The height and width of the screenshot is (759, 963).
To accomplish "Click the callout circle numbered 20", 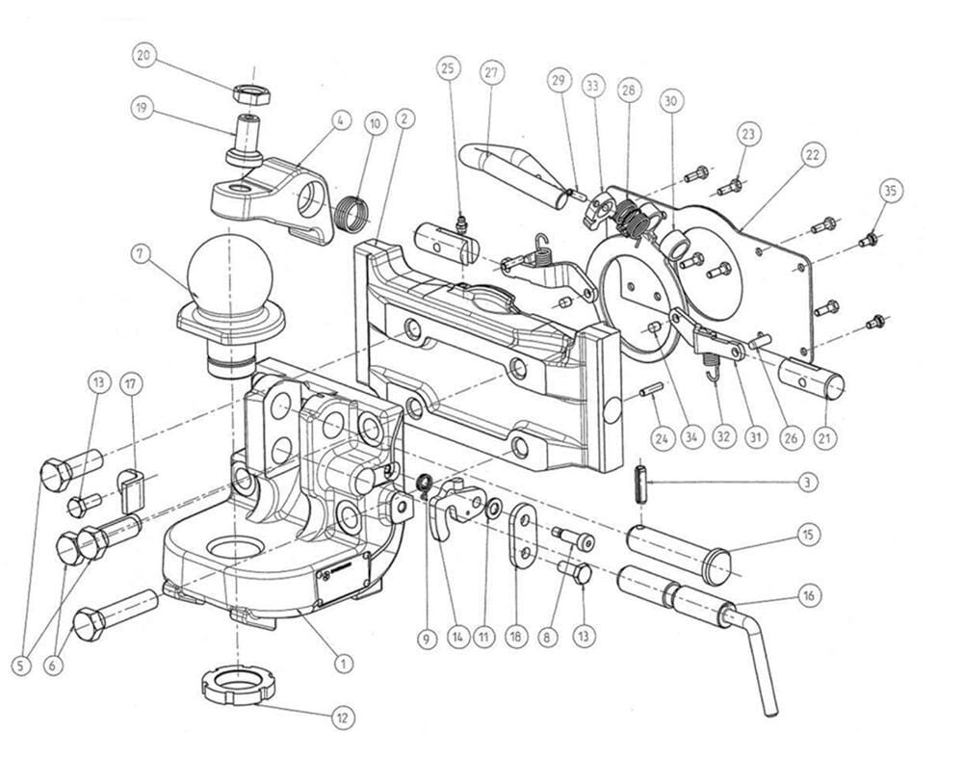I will (144, 56).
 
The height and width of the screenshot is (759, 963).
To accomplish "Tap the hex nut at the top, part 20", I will (251, 94).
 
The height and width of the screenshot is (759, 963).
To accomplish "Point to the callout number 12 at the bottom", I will (342, 717).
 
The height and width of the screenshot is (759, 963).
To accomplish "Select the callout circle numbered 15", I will (808, 535).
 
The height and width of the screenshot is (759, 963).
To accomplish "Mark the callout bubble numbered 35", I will (891, 190).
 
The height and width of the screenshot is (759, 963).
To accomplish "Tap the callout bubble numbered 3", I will (808, 481).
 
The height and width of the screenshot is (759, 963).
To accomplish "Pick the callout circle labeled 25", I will (448, 68).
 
